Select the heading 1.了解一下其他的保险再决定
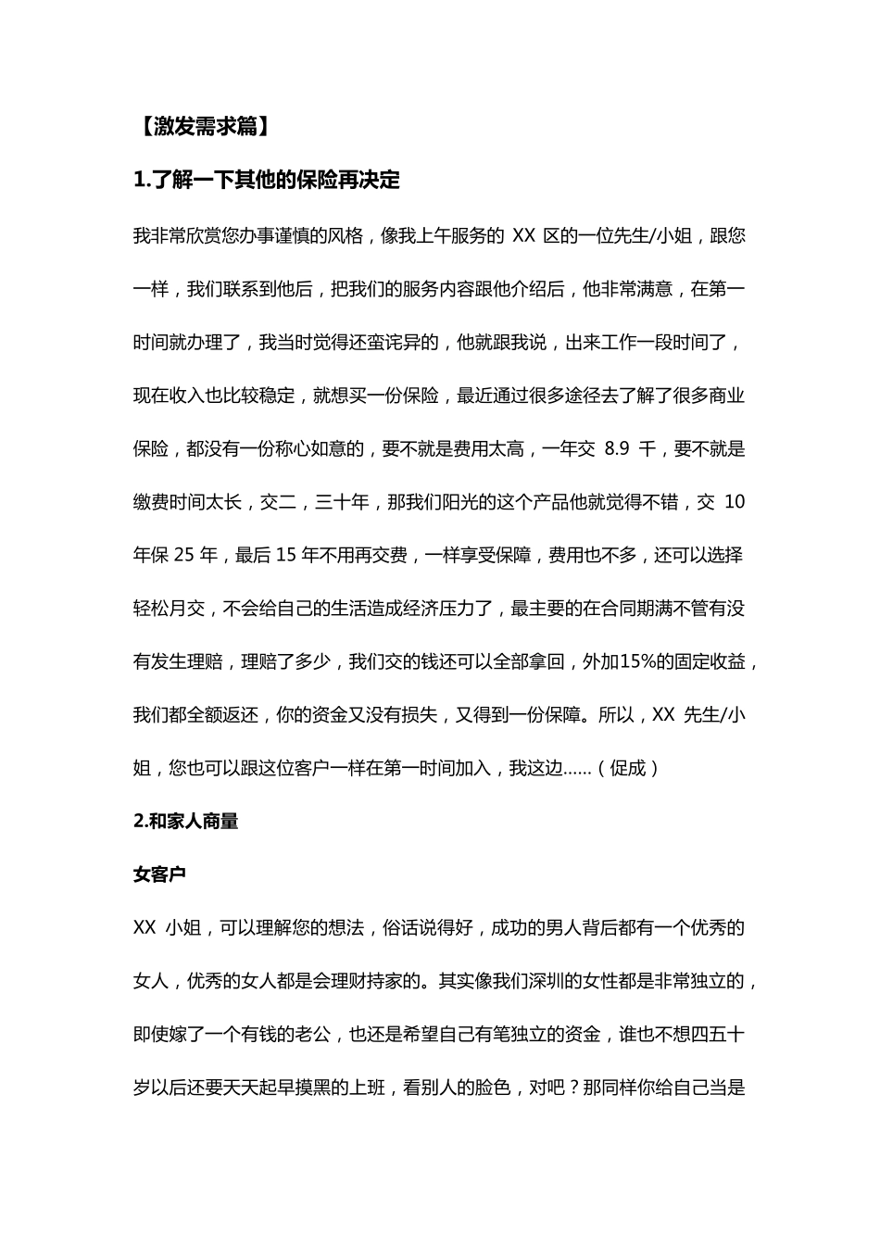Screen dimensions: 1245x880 (x=267, y=181)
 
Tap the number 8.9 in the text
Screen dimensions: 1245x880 (x=616, y=449)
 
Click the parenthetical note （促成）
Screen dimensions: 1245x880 (x=629, y=769)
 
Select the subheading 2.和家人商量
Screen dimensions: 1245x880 (x=186, y=821)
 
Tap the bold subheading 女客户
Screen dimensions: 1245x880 (x=159, y=874)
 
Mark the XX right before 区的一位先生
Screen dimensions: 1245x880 (x=524, y=235)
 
